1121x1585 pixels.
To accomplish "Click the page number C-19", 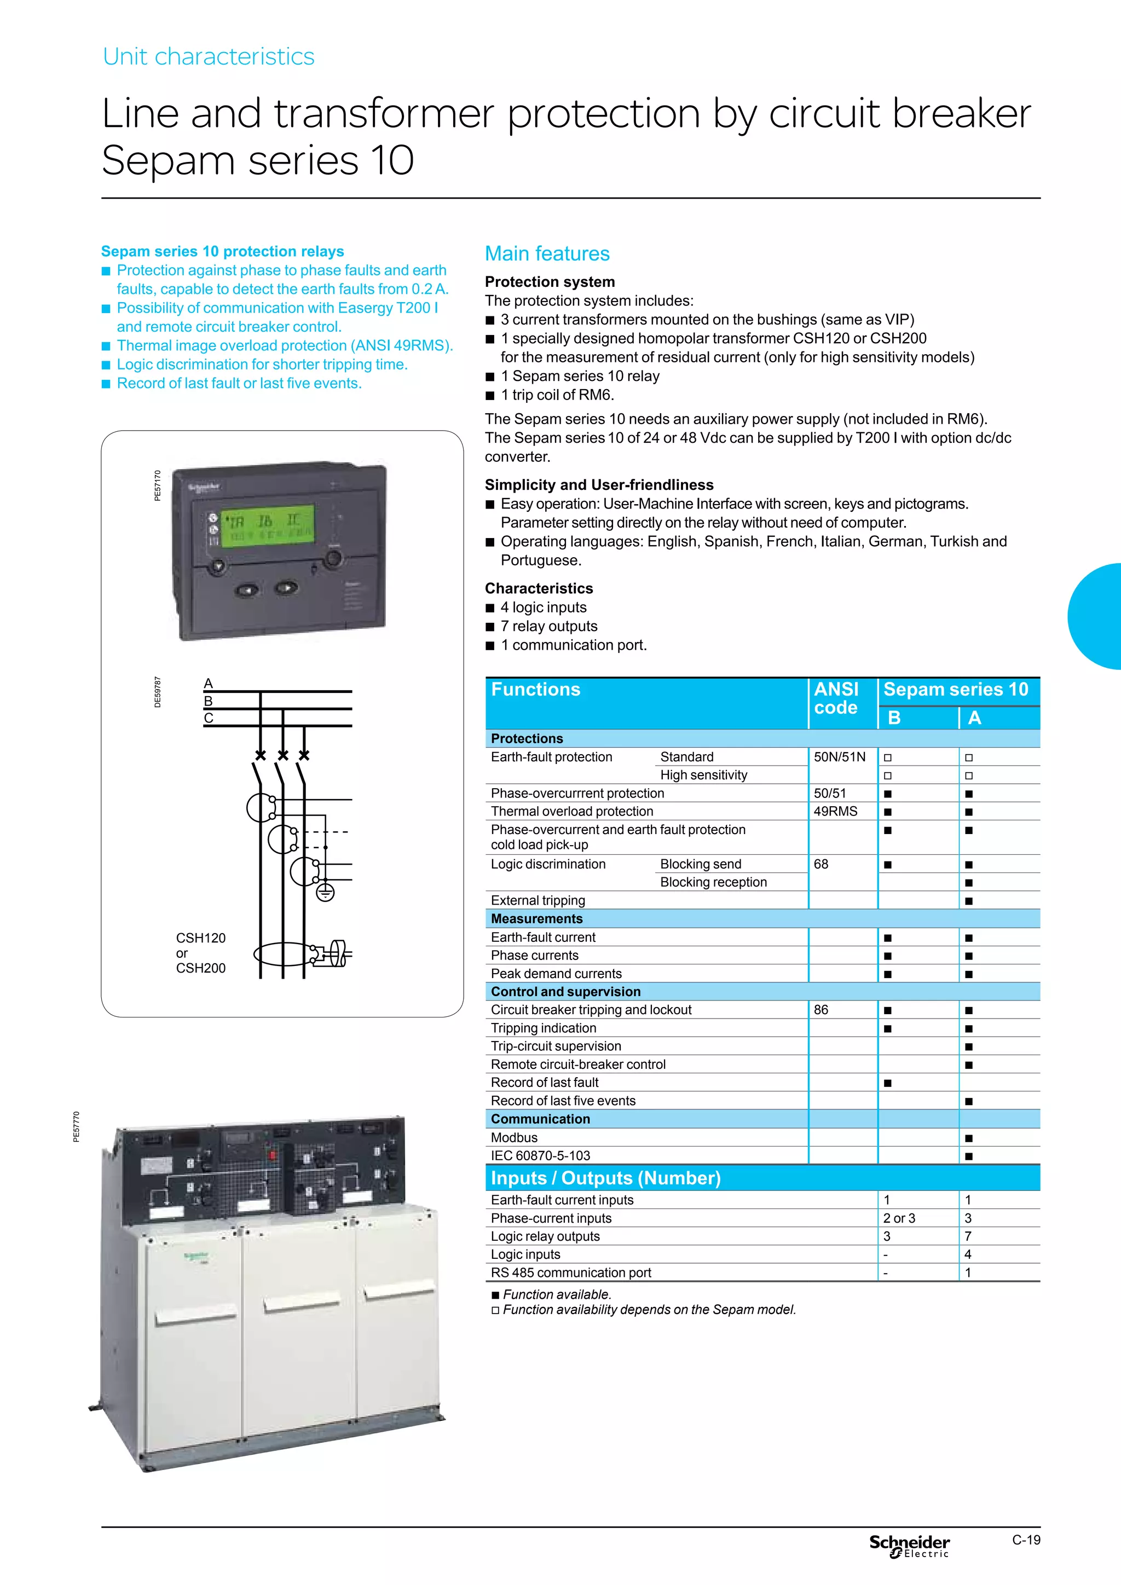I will (x=1026, y=1540).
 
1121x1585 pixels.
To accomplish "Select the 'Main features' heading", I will (x=547, y=253).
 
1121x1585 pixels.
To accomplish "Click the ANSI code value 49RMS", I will (x=835, y=811).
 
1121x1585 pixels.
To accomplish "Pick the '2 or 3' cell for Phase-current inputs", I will (x=899, y=1218).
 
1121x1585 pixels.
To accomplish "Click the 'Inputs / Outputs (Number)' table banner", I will (x=605, y=1178).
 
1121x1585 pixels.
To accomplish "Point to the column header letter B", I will (x=894, y=718).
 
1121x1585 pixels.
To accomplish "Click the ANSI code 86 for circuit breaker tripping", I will (x=820, y=1010).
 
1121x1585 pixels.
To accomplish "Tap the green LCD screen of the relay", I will (x=262, y=525).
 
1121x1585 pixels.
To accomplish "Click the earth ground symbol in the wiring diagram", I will (x=325, y=893).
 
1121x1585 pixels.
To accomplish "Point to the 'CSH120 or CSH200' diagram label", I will (x=200, y=953).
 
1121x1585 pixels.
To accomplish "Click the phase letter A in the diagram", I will (x=209, y=684).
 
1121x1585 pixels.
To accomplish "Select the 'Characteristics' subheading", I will (x=539, y=588).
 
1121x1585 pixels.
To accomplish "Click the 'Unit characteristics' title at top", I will (x=209, y=56).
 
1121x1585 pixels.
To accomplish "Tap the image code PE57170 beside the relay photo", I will (x=158, y=485).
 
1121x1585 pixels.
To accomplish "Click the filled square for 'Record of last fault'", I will (x=888, y=1083).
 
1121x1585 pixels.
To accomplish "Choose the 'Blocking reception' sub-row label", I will (x=713, y=882).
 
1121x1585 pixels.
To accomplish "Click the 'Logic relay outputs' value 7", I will (x=968, y=1236).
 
